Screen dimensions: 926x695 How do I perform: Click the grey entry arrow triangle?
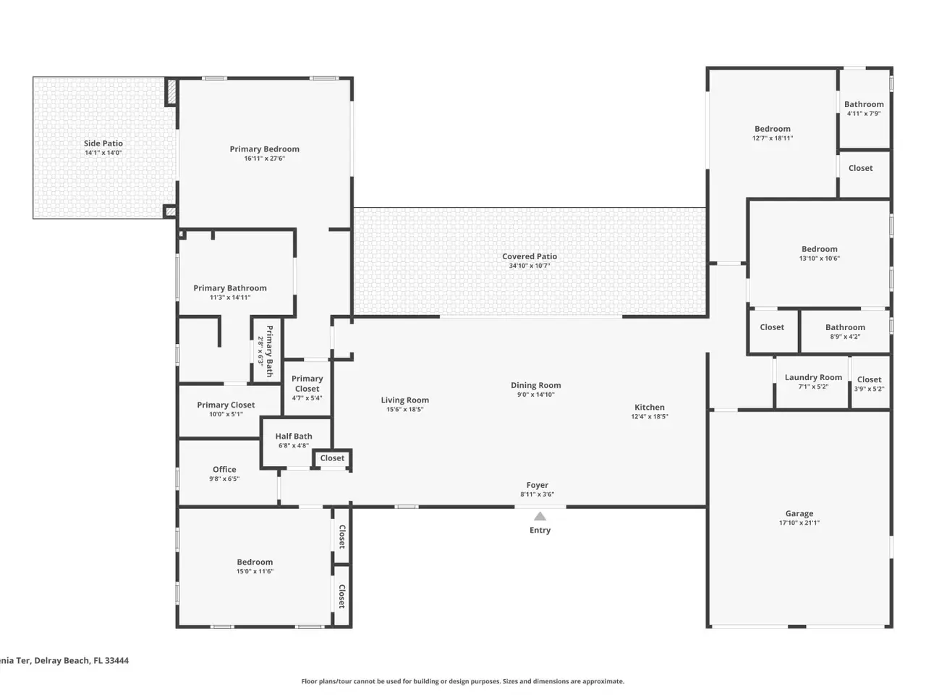[540, 516]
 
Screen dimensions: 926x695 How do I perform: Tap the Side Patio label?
[103, 143]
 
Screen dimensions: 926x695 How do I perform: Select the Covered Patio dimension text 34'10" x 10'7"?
[529, 266]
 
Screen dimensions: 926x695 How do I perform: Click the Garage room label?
[799, 513]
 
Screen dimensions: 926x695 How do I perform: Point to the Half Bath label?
[294, 437]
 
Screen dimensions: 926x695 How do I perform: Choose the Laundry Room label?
[813, 377]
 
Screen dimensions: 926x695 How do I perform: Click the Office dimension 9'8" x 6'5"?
[224, 479]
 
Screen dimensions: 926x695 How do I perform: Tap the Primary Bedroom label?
[264, 149]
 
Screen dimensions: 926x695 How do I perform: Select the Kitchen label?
[649, 407]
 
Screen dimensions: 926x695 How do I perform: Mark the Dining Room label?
[536, 385]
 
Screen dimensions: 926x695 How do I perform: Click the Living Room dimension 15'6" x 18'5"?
[404, 409]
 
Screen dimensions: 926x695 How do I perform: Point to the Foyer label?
[537, 485]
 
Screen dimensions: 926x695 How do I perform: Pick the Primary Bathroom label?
[230, 288]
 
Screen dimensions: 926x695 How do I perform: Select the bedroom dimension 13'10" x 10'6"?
[819, 258]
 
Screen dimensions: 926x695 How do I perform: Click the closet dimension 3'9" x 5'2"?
[869, 389]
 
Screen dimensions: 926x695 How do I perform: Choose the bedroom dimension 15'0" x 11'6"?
[255, 571]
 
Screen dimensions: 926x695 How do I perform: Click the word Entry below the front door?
[540, 531]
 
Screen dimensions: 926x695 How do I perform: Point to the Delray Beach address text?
[64, 660]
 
